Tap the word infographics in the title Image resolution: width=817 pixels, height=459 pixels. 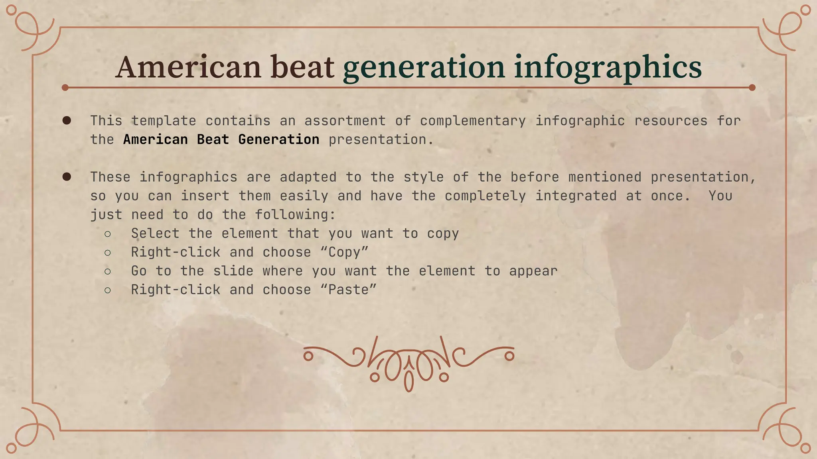(x=608, y=67)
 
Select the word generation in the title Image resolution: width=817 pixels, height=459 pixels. (x=424, y=67)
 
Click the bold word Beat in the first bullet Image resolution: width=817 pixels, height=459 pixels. (x=213, y=139)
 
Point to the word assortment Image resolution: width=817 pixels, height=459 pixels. (x=345, y=121)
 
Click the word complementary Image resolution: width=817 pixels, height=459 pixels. (x=473, y=121)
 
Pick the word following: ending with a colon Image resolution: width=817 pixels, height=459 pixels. (x=295, y=215)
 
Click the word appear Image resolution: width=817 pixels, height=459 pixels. (x=533, y=271)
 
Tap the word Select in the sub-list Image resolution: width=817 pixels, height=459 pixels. (x=155, y=233)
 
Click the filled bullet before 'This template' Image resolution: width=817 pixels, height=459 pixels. (x=67, y=120)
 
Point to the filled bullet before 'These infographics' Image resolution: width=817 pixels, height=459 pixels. (x=67, y=177)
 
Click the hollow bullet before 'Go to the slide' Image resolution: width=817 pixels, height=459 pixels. (x=108, y=271)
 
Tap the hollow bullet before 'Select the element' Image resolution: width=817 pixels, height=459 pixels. (x=108, y=234)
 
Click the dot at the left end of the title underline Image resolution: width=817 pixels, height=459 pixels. (x=65, y=88)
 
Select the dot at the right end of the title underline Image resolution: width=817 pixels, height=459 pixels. (x=752, y=88)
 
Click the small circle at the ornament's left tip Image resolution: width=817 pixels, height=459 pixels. (x=308, y=356)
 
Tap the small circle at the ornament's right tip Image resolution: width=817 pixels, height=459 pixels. (x=509, y=356)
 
